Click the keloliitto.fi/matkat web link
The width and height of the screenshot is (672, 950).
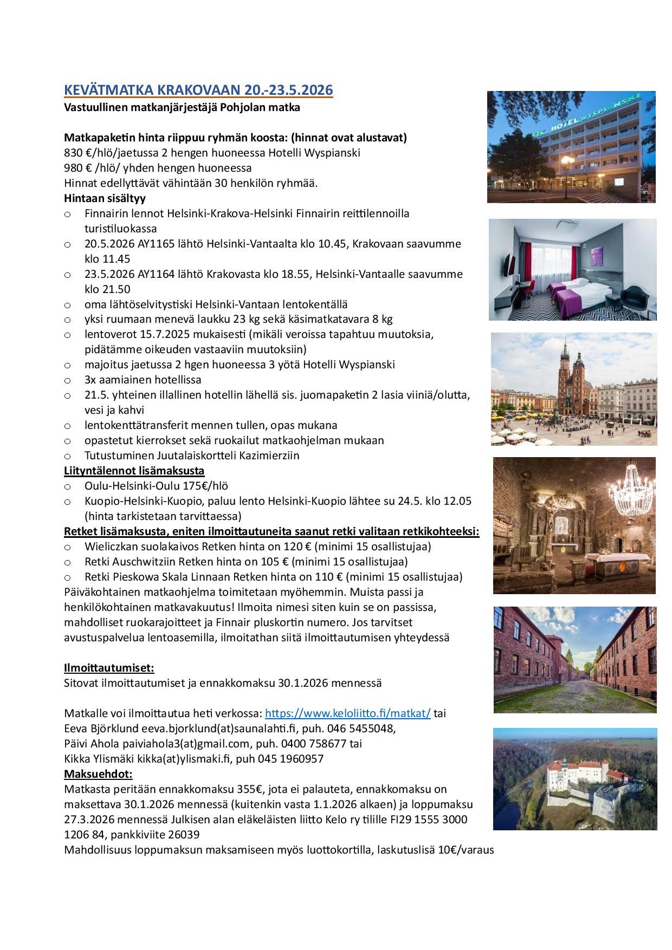[347, 713]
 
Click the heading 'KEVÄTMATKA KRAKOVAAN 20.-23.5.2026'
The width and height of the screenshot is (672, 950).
[198, 89]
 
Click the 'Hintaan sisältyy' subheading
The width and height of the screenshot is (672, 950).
[105, 198]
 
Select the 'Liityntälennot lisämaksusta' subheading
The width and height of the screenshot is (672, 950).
[134, 471]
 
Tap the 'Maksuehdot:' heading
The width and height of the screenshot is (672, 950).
[98, 773]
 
